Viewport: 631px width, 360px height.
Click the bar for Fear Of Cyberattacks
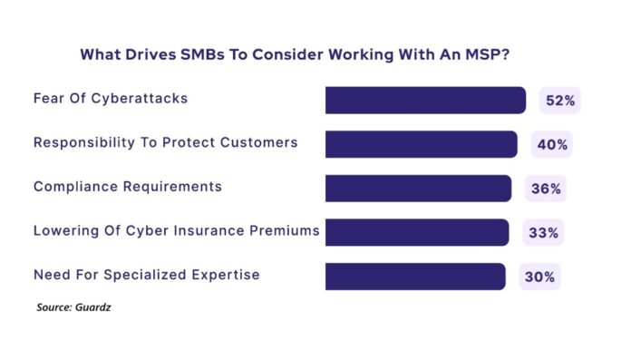point(425,100)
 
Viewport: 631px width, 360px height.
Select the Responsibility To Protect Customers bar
point(422,144)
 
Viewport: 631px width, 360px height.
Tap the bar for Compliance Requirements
point(418,189)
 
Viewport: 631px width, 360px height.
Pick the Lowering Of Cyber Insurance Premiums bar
point(417,232)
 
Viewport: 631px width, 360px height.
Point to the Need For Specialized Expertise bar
point(415,277)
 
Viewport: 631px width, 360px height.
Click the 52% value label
point(559,101)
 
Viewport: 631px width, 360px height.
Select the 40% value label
point(551,145)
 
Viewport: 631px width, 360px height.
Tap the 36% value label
point(545,190)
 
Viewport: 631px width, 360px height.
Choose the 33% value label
point(543,233)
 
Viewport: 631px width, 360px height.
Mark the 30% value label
point(539,277)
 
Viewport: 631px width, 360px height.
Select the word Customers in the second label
point(263,142)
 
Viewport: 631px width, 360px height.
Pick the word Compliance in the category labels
point(76,187)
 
